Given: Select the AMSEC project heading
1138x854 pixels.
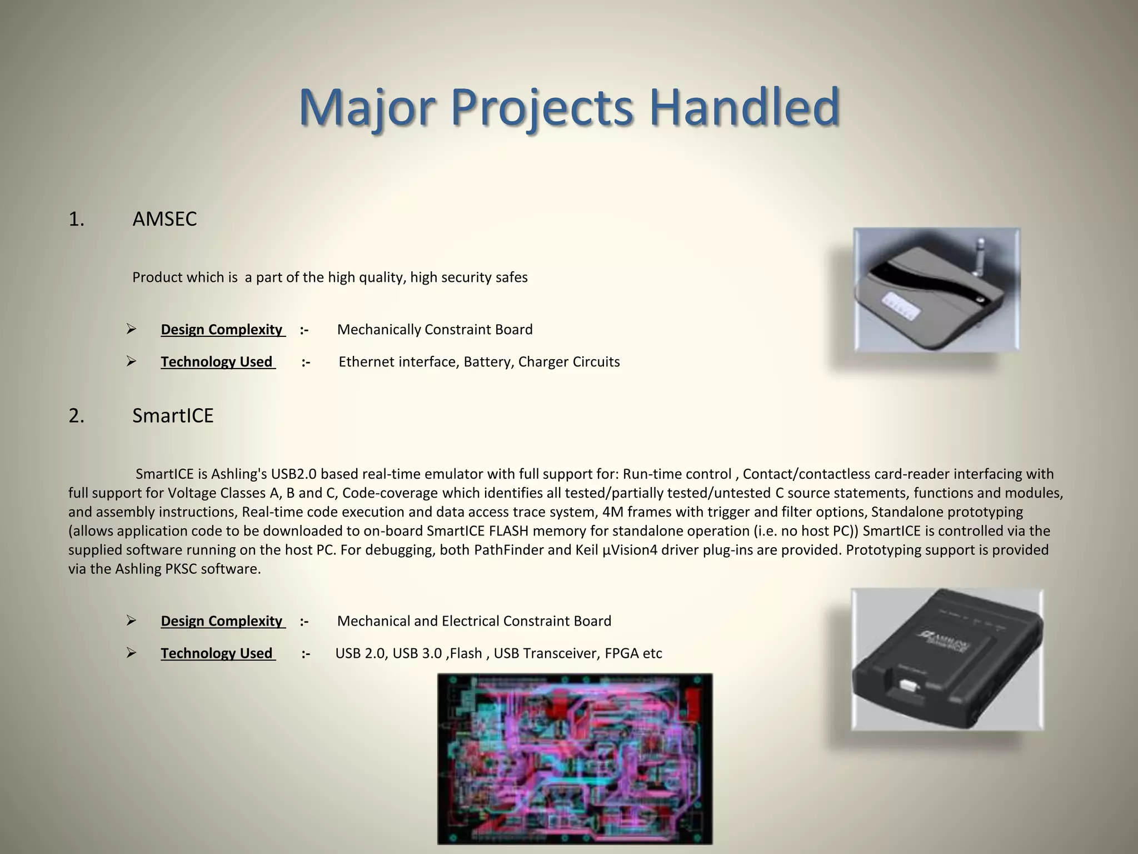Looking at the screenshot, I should (164, 219).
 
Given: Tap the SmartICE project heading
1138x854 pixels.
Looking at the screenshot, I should (173, 416).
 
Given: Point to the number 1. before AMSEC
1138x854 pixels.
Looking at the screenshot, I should (77, 220).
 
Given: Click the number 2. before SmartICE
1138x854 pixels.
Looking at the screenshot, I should (77, 416).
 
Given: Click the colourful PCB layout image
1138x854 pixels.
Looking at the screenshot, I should (575, 758).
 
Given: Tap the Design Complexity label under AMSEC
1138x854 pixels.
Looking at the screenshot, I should (222, 330).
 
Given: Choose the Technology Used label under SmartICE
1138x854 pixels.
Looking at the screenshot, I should (217, 653).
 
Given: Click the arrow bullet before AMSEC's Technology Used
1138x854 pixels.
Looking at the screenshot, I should (131, 362).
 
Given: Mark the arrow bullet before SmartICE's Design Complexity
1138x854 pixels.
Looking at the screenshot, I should (131, 621).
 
